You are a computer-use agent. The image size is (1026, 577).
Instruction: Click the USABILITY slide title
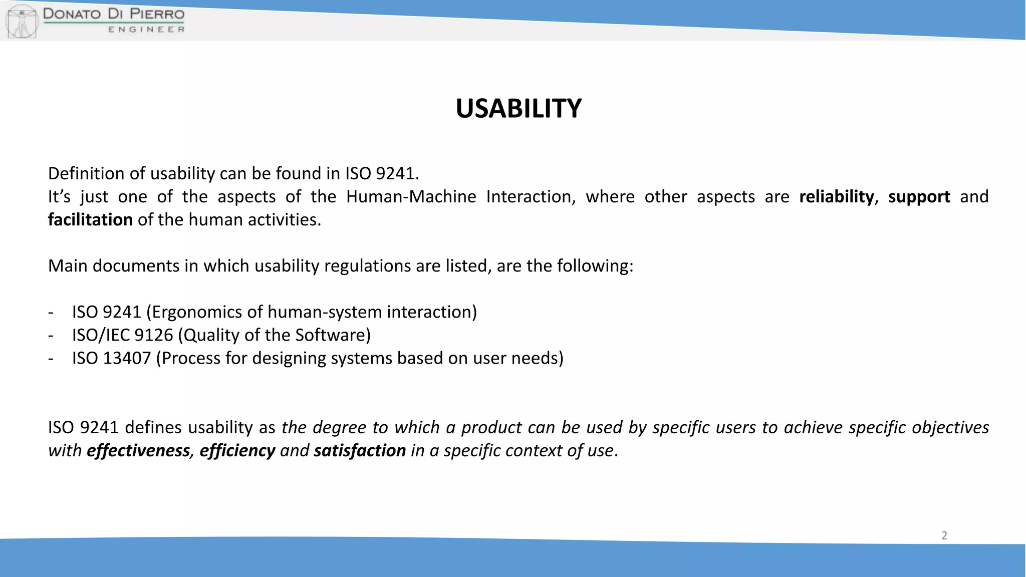pos(519,108)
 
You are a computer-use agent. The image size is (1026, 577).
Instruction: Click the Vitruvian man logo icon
pos(22,21)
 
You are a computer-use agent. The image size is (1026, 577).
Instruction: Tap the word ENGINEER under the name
pos(146,30)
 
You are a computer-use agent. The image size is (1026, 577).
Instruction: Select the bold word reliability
pos(836,196)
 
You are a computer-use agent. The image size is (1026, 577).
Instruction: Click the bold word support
pos(919,196)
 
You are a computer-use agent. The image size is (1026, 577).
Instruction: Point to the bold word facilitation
pos(90,219)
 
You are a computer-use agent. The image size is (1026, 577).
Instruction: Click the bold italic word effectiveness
pos(138,450)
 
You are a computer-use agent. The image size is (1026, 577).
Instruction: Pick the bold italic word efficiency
pos(237,450)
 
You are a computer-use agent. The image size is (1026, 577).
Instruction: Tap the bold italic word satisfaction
pos(360,450)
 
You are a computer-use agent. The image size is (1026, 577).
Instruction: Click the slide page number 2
pos(944,535)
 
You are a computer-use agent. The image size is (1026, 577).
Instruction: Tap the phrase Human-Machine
pos(411,196)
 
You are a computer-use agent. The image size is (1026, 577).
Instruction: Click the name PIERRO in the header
pos(157,14)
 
